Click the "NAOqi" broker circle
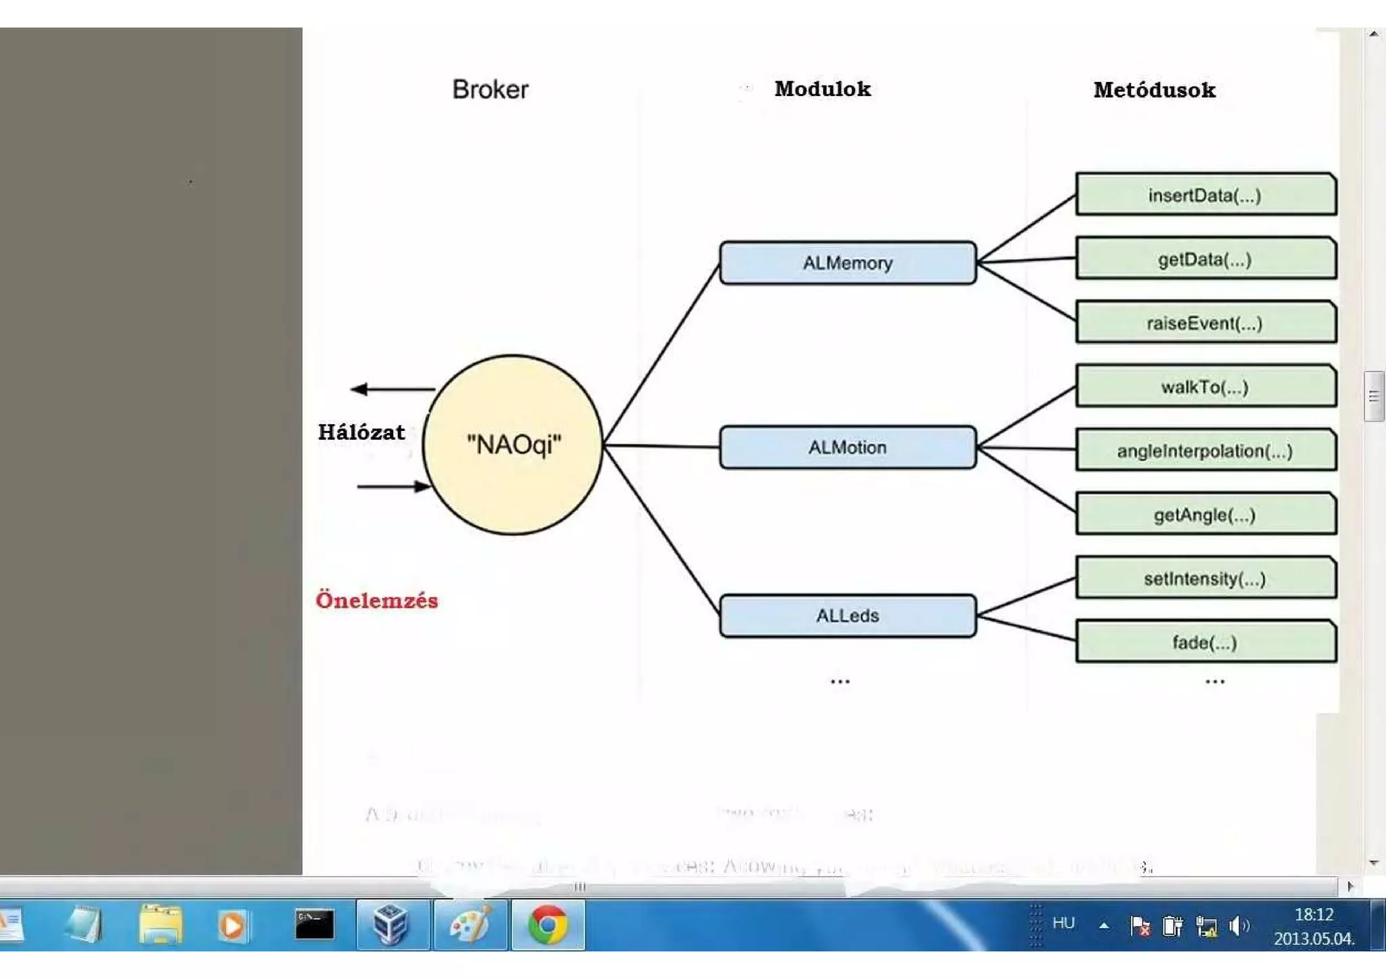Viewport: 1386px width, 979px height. [513, 445]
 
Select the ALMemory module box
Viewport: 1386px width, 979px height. [847, 263]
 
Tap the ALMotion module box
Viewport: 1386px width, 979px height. [847, 447]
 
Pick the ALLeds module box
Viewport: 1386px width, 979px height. [847, 616]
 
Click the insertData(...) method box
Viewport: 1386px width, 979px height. [1205, 195]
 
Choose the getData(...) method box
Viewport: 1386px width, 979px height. [1205, 258]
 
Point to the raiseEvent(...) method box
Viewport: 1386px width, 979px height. [1205, 323]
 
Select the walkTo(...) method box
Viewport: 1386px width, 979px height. [1205, 386]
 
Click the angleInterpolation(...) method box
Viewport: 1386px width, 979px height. [1205, 451]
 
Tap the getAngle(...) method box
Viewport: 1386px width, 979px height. [1205, 515]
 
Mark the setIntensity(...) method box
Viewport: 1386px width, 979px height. [1205, 578]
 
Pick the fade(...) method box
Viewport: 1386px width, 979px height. [1205, 642]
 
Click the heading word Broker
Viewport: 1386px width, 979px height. [490, 89]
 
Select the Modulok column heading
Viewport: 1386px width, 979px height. [822, 89]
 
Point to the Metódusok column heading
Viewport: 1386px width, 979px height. [1155, 90]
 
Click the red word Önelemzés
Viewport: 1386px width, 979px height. [377, 600]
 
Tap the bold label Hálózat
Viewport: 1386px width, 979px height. [361, 432]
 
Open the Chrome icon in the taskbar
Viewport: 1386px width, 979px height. [547, 925]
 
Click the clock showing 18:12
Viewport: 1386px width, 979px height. [1314, 915]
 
